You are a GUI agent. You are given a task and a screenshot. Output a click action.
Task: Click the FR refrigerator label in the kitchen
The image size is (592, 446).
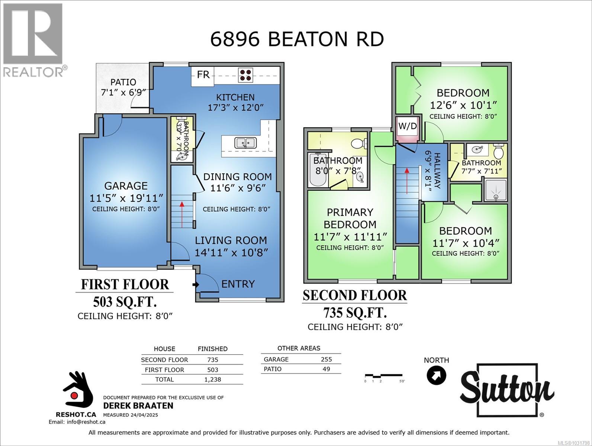[203, 75]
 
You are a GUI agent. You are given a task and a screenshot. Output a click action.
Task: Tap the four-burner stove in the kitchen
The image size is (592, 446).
[245, 75]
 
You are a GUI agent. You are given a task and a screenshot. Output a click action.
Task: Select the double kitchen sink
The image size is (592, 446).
[245, 143]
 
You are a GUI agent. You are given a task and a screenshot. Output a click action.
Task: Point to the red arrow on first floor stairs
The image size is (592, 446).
[182, 214]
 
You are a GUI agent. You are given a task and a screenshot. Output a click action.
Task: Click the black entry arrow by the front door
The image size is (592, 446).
[195, 285]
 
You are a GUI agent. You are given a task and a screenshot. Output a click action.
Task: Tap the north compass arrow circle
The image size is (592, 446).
[436, 375]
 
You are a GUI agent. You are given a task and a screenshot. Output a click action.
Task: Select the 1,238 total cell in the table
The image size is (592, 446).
[213, 379]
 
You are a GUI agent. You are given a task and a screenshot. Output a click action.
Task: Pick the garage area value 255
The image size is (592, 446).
[326, 359]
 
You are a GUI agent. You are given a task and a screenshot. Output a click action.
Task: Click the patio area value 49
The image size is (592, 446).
[326, 369]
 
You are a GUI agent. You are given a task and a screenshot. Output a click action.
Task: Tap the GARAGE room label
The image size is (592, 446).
[126, 186]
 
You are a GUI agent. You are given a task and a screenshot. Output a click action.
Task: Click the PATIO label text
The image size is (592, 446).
[123, 82]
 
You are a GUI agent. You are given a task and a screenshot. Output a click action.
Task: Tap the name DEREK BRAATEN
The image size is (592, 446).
[138, 405]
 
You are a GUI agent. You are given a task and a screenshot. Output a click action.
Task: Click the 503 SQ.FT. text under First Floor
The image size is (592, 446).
[125, 302]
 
